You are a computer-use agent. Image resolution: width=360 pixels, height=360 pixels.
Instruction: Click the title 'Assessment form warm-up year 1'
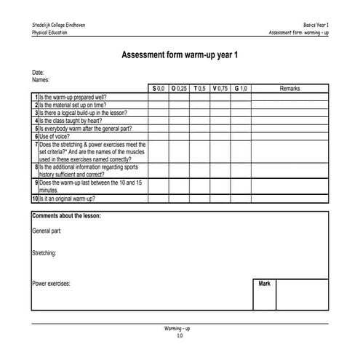(x=180, y=55)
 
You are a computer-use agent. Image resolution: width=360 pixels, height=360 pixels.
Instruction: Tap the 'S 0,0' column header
(x=158, y=88)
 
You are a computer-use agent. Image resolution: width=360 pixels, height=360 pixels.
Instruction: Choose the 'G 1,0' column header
(x=241, y=88)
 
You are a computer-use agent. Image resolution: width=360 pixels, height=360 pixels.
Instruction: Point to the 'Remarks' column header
(x=289, y=88)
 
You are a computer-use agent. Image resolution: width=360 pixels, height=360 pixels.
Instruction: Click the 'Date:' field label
(x=39, y=73)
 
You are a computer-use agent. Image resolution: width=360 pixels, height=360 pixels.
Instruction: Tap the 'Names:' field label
(x=41, y=80)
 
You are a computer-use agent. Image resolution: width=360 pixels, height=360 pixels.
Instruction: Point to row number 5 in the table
(x=35, y=128)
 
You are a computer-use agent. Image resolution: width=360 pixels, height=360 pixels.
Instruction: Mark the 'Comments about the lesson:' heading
(x=66, y=217)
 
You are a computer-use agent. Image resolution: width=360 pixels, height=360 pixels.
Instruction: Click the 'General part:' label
(x=47, y=231)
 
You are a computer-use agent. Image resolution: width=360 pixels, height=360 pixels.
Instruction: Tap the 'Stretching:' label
(x=45, y=254)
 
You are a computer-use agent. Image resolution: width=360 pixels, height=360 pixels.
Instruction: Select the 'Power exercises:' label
(x=51, y=284)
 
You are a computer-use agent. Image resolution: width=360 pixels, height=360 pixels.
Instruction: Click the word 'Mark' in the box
(x=264, y=284)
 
